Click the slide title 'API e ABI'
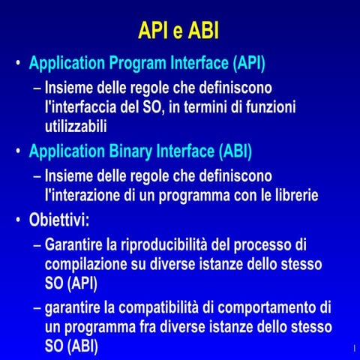coord(179,31)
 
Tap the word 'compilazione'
coord(89,265)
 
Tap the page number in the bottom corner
coord(352,349)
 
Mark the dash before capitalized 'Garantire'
coord(37,245)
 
